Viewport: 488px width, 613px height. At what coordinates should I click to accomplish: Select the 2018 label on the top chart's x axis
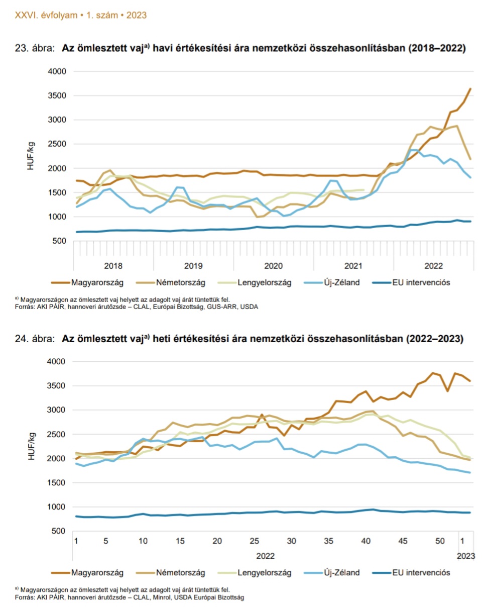click(x=114, y=265)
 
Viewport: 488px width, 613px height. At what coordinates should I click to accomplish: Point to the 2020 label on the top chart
click(x=274, y=265)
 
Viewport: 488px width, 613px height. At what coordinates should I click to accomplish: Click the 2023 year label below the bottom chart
click(x=465, y=556)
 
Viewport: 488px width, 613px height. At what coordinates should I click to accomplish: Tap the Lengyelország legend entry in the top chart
click(x=265, y=282)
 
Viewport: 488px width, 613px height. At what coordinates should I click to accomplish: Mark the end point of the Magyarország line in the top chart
click(x=470, y=88)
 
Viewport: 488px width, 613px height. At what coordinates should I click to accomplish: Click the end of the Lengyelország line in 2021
click(x=363, y=190)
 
